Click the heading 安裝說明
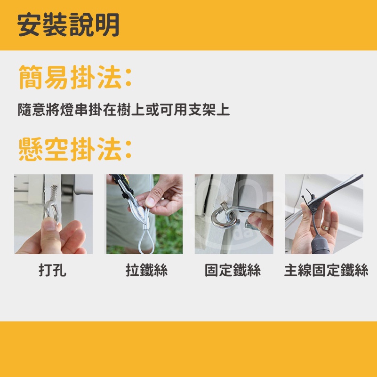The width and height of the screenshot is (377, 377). click(x=68, y=25)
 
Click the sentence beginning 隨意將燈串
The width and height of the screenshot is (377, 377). click(x=124, y=110)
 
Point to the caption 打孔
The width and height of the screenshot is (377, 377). click(x=52, y=270)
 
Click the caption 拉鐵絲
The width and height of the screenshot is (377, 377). click(x=146, y=270)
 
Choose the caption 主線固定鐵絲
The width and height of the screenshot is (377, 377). click(x=326, y=270)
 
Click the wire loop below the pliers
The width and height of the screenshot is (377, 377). click(x=146, y=241)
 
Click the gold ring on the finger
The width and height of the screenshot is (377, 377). click(x=326, y=228)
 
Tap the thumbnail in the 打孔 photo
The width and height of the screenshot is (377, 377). click(x=50, y=226)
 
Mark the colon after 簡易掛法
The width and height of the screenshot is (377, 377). click(x=128, y=77)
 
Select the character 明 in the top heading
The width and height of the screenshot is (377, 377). click(x=107, y=25)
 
